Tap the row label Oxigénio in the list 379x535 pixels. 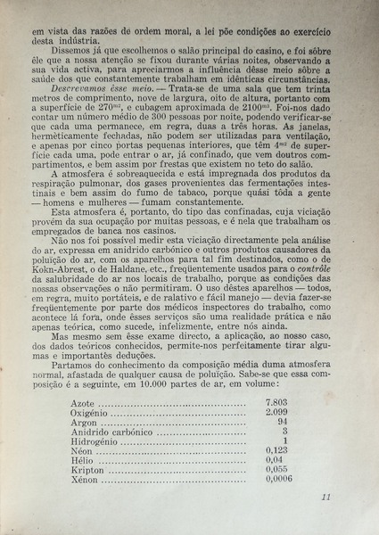(95, 414)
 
